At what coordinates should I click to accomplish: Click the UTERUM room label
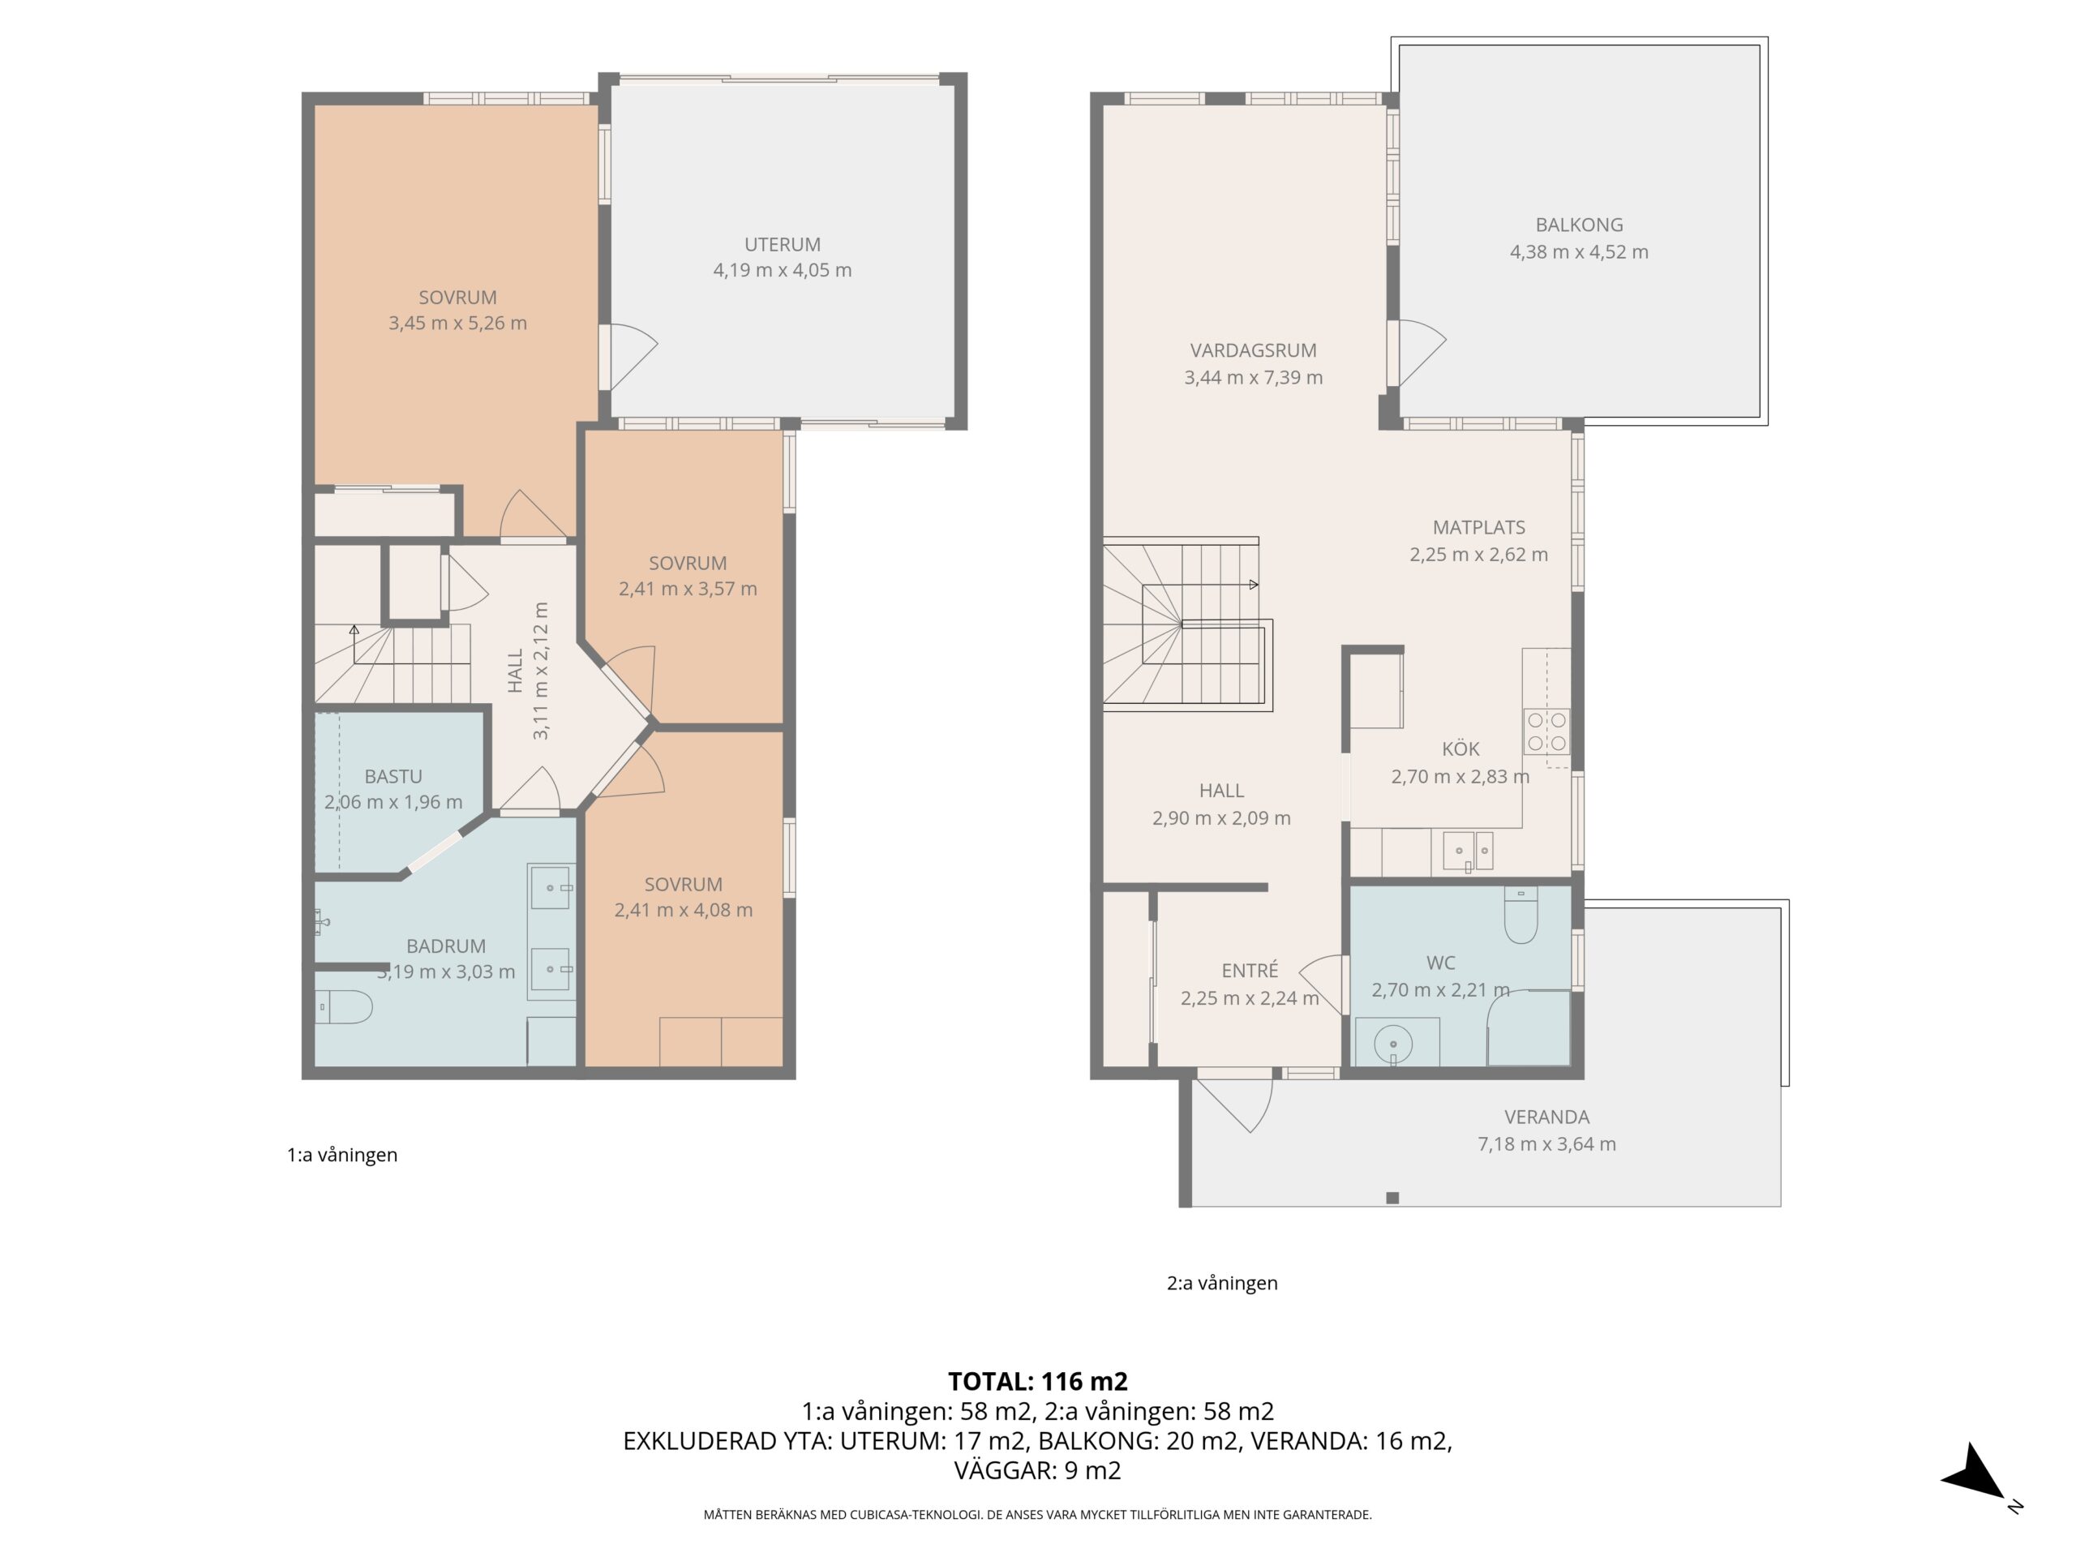pos(782,244)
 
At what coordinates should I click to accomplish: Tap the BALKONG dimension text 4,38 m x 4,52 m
pos(1579,251)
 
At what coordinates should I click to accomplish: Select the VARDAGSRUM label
pos(1253,350)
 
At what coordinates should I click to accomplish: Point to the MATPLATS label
pos(1478,527)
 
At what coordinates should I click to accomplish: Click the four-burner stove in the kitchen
pos(1546,732)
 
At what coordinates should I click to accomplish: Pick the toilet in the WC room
pos(1521,915)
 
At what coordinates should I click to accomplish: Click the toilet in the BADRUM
pos(344,1007)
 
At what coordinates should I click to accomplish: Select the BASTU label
pos(393,776)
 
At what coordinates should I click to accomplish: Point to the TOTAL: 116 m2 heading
pos(1038,1382)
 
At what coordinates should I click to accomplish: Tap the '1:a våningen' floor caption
pos(341,1155)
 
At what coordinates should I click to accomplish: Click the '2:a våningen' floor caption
pos(1222,1283)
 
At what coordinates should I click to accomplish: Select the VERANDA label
pos(1546,1117)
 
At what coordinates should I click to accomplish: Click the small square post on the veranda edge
pos(1392,1198)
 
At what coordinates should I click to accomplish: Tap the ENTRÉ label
pos(1249,972)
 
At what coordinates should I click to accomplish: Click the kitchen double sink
pos(1468,851)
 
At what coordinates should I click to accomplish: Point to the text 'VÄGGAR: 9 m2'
pos(1038,1471)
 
